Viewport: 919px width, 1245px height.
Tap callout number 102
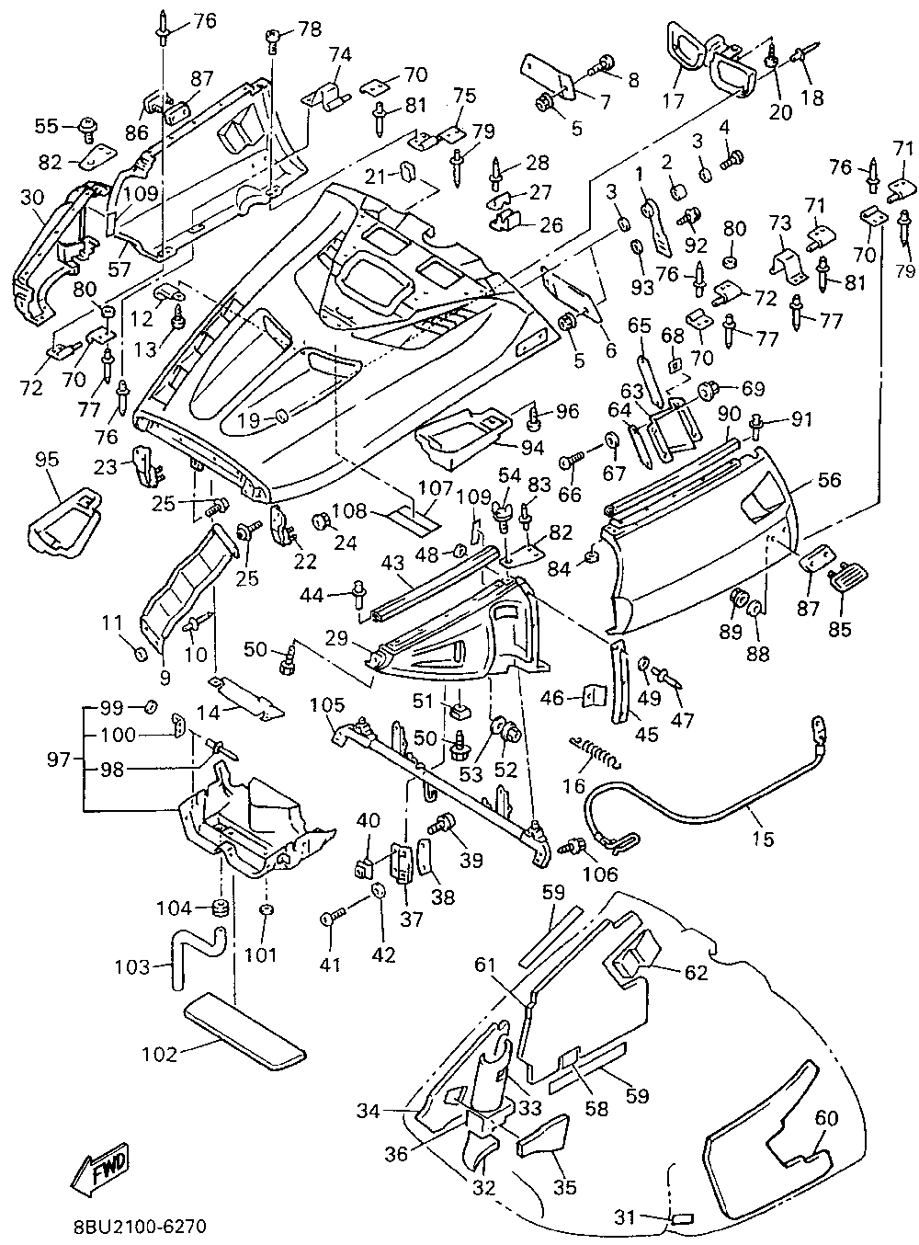(160, 1054)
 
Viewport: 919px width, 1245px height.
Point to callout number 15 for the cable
(763, 840)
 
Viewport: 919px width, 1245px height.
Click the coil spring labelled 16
(596, 752)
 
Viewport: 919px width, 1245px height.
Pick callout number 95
(47, 460)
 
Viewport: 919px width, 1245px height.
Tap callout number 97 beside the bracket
(58, 760)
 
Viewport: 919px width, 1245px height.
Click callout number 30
(32, 198)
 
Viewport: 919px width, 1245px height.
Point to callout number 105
(328, 705)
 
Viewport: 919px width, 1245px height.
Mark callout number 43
(393, 563)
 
